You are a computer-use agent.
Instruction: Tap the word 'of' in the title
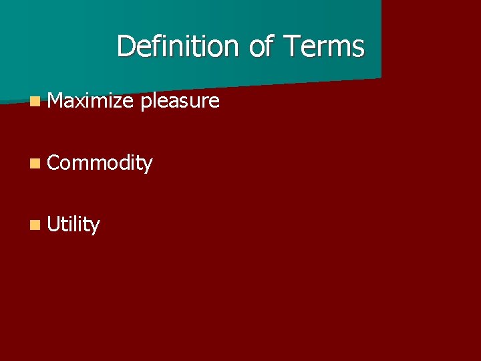coord(261,47)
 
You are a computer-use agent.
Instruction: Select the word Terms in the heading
coord(324,47)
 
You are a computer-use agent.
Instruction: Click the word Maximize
coord(92,101)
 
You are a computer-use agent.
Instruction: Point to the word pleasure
coord(180,102)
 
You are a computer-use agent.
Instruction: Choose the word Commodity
coord(100,163)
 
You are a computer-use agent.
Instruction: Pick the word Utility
coord(73,225)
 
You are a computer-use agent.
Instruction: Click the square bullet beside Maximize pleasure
coord(35,102)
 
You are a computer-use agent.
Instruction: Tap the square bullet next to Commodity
coord(35,163)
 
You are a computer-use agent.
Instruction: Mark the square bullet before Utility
coord(35,225)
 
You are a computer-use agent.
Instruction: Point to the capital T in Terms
coord(291,47)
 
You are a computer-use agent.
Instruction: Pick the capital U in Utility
coord(53,225)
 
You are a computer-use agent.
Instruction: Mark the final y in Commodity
coord(148,165)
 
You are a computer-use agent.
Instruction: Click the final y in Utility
coord(95,227)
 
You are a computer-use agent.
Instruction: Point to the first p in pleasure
coord(146,104)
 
